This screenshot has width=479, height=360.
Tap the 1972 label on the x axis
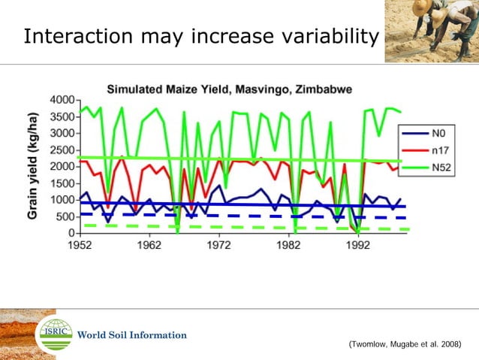(x=218, y=245)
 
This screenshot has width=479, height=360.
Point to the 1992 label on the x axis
(x=358, y=245)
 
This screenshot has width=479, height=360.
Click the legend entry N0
(x=440, y=132)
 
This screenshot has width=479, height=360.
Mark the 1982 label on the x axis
(x=288, y=245)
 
